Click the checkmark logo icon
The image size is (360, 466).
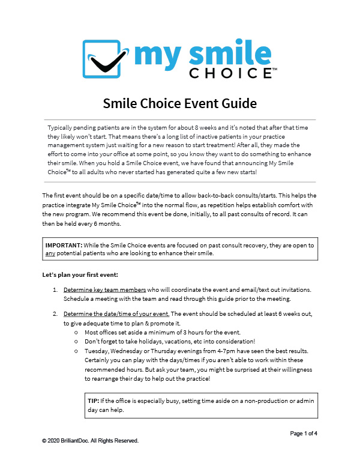[x=106, y=59]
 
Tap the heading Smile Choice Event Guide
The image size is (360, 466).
[x=180, y=104]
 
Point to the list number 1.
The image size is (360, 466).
[x=55, y=289]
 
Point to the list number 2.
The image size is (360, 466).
[x=55, y=313]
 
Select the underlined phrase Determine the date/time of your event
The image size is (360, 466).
[x=117, y=313]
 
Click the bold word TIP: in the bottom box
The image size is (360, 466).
[x=93, y=400]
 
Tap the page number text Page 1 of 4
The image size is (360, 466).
[x=307, y=433]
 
